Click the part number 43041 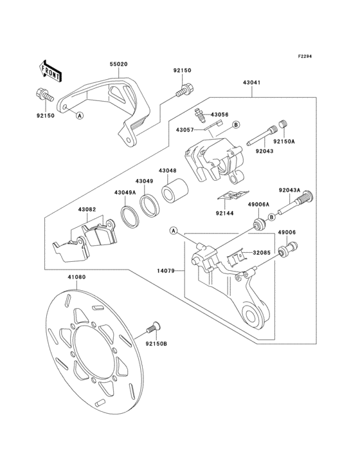[252, 82]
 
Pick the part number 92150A [283, 141]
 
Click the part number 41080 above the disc [76, 277]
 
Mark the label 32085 [260, 253]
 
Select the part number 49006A [260, 203]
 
